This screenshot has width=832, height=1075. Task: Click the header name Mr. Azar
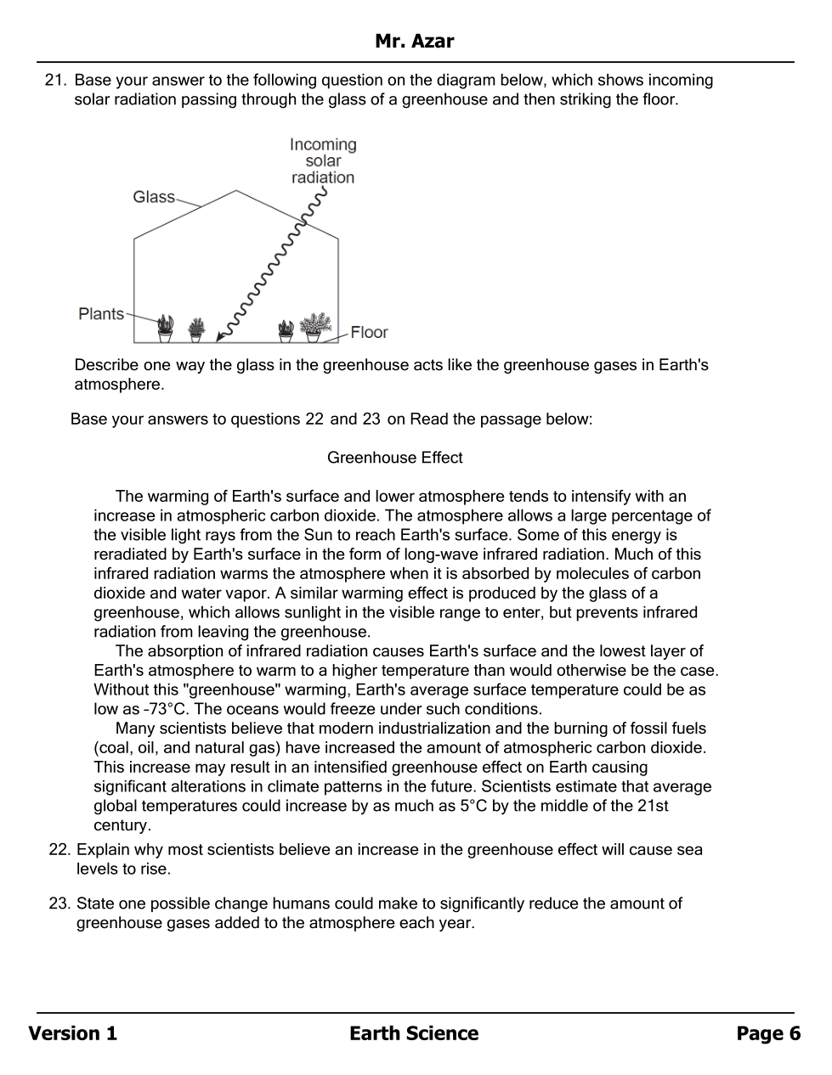click(x=414, y=41)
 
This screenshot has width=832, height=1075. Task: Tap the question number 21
click(x=55, y=81)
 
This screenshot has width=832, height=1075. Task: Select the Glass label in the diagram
click(x=153, y=197)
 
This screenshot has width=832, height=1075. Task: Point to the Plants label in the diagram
click(x=100, y=314)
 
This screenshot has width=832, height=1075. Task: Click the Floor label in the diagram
click(x=369, y=332)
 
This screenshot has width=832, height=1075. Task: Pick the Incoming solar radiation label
click(x=323, y=160)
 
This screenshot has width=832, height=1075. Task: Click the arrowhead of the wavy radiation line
click(x=220, y=337)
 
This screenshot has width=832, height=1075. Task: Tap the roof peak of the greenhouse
click(x=235, y=191)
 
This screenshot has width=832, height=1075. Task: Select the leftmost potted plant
click(x=165, y=328)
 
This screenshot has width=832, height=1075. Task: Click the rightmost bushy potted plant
click(x=314, y=327)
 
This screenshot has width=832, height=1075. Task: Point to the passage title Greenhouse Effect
click(x=394, y=458)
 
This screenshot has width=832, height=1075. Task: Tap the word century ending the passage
click(x=122, y=825)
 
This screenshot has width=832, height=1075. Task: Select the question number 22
click(x=59, y=850)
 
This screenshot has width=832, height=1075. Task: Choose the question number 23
click(x=59, y=903)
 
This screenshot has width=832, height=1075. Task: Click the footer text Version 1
click(x=72, y=1033)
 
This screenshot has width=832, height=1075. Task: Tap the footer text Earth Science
click(x=414, y=1033)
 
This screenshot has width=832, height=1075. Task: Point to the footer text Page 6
click(x=768, y=1033)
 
